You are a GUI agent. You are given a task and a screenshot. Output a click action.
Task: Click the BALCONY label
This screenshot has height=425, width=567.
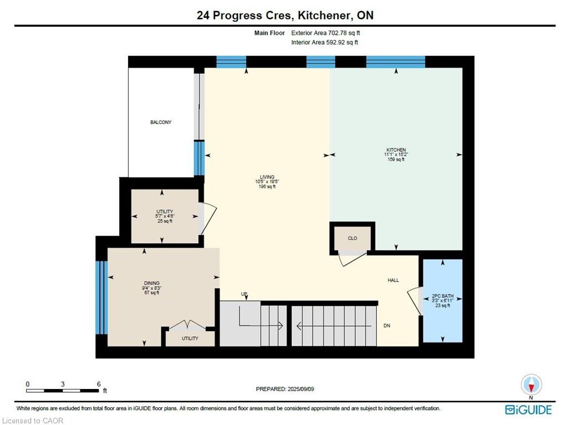(x=161, y=122)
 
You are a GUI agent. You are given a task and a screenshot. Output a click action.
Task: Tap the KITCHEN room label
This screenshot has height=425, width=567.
(x=396, y=150)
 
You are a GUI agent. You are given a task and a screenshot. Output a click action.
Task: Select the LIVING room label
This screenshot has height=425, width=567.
(x=267, y=177)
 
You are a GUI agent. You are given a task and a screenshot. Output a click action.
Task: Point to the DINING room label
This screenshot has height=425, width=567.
(x=151, y=283)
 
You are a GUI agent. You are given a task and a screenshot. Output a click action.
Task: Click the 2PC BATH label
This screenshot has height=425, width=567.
(x=443, y=296)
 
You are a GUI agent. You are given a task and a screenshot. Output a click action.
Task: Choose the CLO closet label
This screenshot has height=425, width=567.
(x=353, y=238)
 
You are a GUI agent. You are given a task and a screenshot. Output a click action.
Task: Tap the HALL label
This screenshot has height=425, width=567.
(x=394, y=280)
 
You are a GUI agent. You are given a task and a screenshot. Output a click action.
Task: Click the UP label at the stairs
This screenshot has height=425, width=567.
(x=244, y=294)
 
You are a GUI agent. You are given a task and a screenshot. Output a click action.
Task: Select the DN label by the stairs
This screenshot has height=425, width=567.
(x=387, y=326)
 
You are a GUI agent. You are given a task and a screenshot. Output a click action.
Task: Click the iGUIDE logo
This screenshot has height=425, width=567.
(x=528, y=410)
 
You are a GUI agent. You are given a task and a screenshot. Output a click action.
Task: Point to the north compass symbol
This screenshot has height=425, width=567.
(x=531, y=385)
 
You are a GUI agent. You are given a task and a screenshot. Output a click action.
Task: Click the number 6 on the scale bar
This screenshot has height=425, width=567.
(x=98, y=384)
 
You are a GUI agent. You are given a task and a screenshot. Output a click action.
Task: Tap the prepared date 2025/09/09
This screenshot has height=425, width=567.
(x=300, y=389)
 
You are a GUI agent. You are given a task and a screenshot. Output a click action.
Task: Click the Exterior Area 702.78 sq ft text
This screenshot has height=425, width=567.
(x=325, y=33)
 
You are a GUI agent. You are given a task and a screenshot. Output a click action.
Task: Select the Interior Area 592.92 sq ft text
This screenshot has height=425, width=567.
(x=325, y=42)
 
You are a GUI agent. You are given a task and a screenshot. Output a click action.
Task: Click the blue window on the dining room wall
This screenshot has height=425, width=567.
(x=101, y=298)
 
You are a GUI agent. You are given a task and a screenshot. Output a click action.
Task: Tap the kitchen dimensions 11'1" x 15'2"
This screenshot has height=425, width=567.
(x=396, y=154)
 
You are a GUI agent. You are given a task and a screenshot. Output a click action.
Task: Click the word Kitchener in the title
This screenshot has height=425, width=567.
(x=324, y=16)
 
